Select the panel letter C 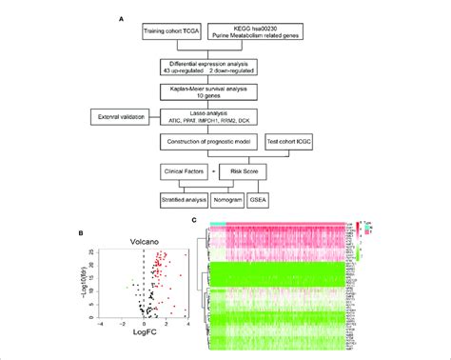pyautogui.click(x=195, y=220)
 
